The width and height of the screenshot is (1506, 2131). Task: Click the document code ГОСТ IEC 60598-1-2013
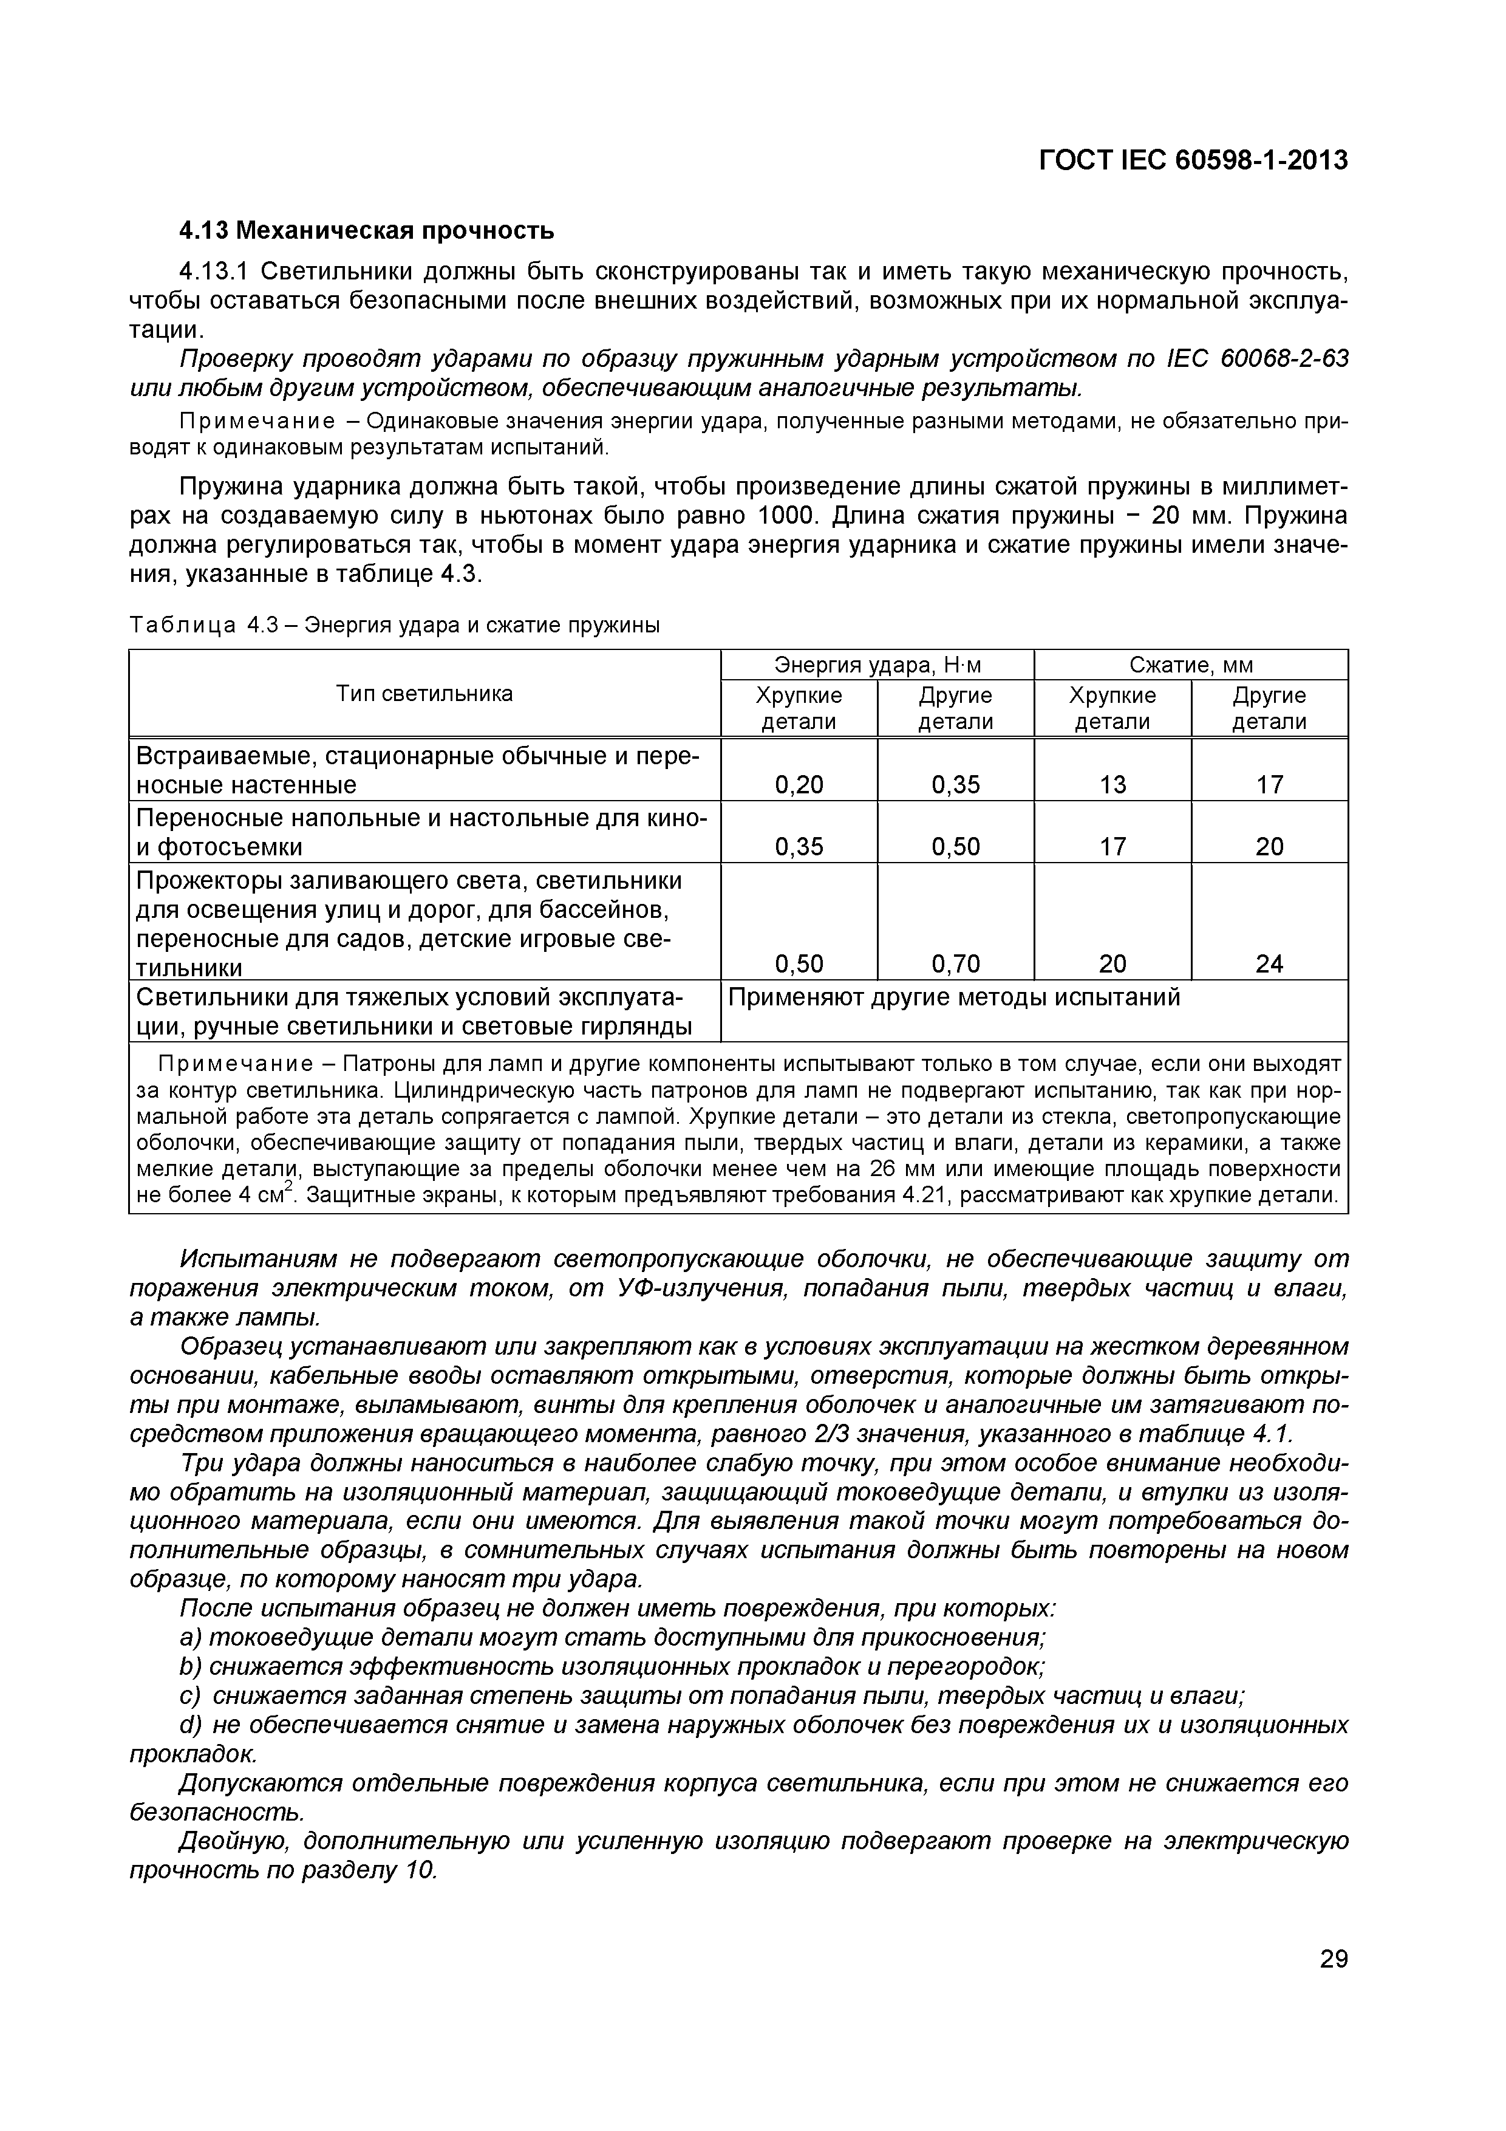point(1193,160)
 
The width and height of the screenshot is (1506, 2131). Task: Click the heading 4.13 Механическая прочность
point(367,229)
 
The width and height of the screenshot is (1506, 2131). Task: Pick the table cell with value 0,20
point(799,785)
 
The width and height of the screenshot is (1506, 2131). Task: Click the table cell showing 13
point(1112,785)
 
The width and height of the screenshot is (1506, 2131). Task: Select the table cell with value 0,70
point(956,964)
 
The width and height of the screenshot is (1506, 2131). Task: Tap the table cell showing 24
point(1269,964)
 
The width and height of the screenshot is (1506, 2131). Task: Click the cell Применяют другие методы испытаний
point(954,997)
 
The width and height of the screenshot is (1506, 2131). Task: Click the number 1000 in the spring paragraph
point(789,515)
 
